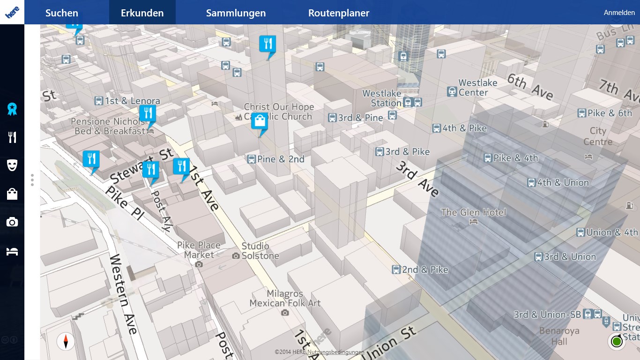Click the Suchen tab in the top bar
click(62, 13)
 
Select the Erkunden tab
click(142, 13)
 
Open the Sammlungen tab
click(236, 13)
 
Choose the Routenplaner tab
click(339, 13)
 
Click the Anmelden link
click(619, 13)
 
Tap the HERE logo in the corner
click(12, 13)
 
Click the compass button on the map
click(66, 341)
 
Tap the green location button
click(617, 341)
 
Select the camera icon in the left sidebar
click(12, 222)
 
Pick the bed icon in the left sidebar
click(12, 252)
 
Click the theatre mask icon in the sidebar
click(12, 165)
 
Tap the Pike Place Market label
click(199, 250)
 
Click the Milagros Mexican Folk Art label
click(285, 298)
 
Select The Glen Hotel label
click(473, 212)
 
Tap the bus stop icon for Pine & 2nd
click(252, 159)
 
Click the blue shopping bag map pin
click(260, 121)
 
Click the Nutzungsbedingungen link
click(336, 352)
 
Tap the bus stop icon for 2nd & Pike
click(396, 270)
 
